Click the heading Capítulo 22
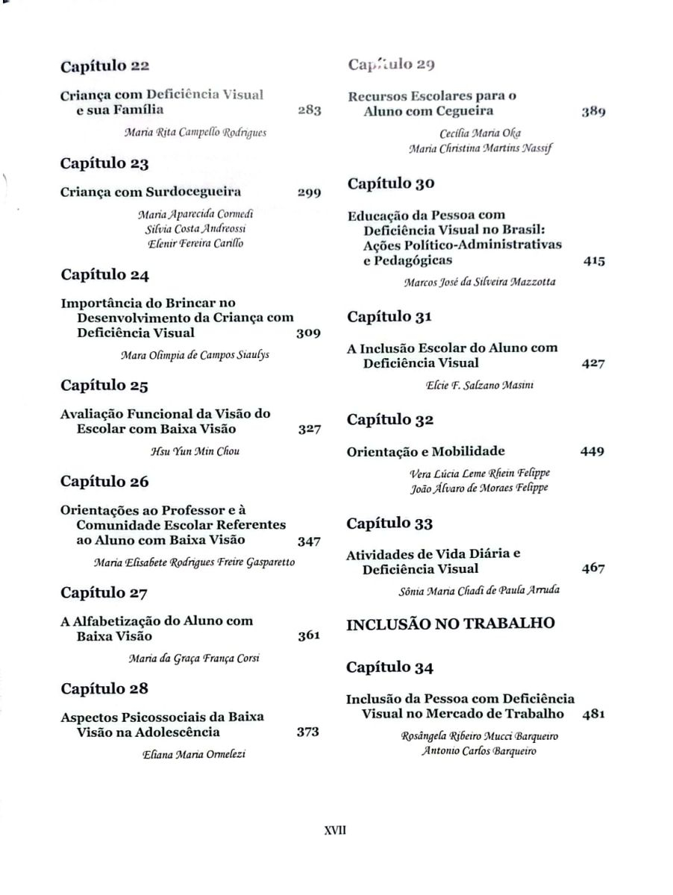coord(105,66)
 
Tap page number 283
coord(309,110)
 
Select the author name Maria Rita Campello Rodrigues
coord(195,133)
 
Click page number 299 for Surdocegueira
coord(309,192)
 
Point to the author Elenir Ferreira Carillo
coord(195,243)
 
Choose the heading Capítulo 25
coord(104,386)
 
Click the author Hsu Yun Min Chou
coord(195,450)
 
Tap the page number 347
coord(309,541)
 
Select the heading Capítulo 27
coord(104,593)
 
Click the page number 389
coord(593,112)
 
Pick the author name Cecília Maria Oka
coord(481,134)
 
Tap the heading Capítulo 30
coord(392,183)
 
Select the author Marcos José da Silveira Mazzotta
coord(479,283)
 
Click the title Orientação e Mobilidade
coord(426,451)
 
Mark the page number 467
coord(592,569)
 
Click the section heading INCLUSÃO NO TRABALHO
coord(451,624)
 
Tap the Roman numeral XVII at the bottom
coord(336,830)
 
